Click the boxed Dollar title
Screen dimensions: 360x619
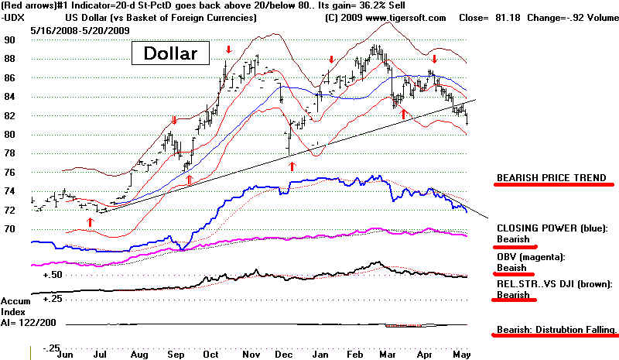(169, 53)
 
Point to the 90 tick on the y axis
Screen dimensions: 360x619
(10, 39)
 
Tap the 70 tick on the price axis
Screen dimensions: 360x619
(10, 229)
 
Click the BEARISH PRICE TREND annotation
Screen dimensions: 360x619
(549, 178)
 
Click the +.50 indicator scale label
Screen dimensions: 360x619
(53, 274)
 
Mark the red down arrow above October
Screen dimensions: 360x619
(228, 51)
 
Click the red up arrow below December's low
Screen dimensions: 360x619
(292, 166)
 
